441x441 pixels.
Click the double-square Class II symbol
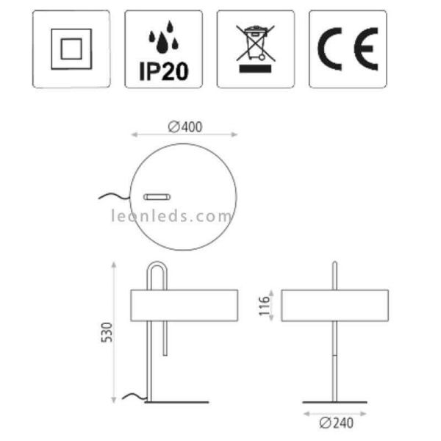71,49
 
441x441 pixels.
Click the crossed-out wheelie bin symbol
255,43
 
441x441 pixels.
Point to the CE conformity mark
348,49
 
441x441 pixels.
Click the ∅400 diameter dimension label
184,126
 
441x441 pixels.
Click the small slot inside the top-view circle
157,196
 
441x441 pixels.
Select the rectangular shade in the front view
183,305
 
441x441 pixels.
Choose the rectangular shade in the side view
334,305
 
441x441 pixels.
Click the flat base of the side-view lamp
335,402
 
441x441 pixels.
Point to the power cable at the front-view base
133,398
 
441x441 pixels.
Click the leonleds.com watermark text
171,216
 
